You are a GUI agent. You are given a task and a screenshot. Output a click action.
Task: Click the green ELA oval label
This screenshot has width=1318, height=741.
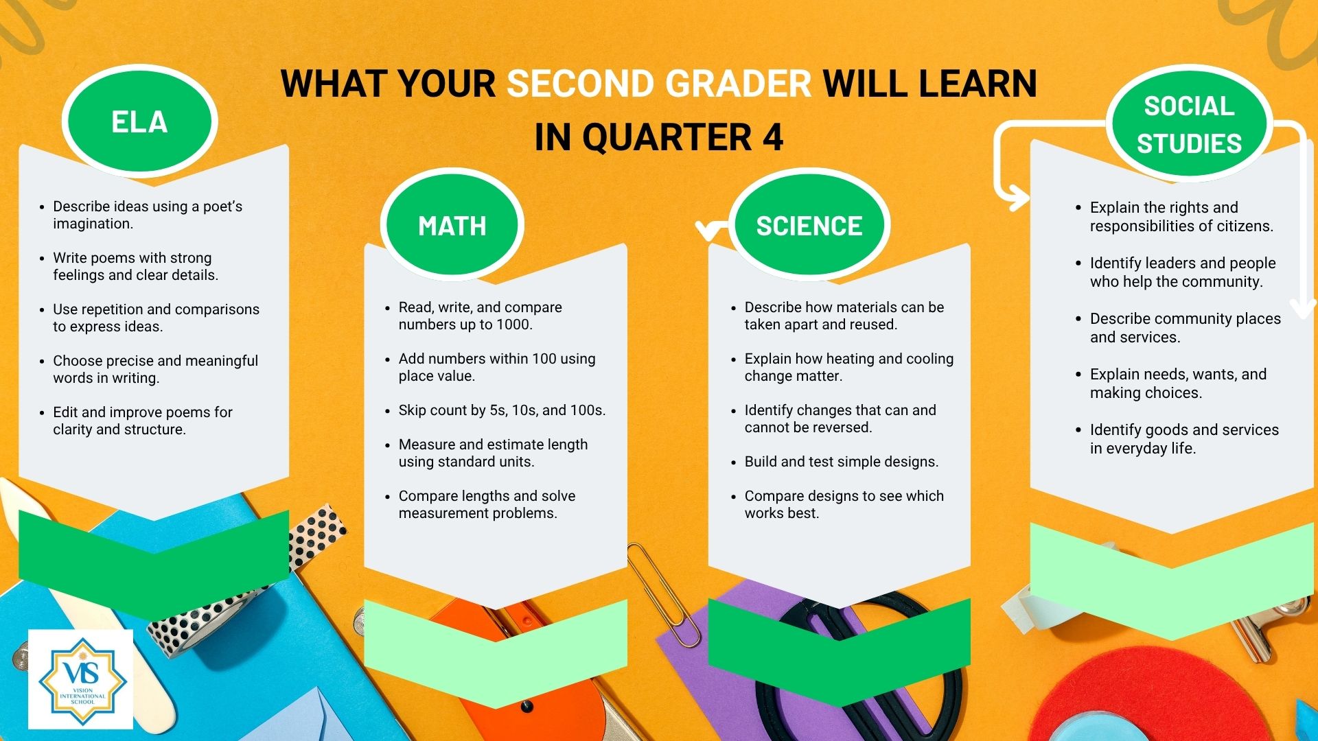click(x=139, y=121)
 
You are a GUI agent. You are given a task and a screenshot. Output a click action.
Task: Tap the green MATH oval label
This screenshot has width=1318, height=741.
click(x=452, y=225)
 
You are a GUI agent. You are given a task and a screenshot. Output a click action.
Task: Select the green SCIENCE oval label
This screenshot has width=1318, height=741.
click(x=809, y=225)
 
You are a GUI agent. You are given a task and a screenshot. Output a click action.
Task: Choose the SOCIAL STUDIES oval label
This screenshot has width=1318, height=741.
click(x=1189, y=124)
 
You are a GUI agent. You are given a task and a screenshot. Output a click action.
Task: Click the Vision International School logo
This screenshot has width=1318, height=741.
click(x=81, y=679)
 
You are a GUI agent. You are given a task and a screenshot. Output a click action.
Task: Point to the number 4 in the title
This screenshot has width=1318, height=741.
click(x=772, y=137)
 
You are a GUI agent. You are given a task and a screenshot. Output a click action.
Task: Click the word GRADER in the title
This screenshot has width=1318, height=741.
click(x=738, y=84)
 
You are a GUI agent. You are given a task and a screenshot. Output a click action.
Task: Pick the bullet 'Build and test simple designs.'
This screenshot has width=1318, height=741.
click(x=841, y=462)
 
